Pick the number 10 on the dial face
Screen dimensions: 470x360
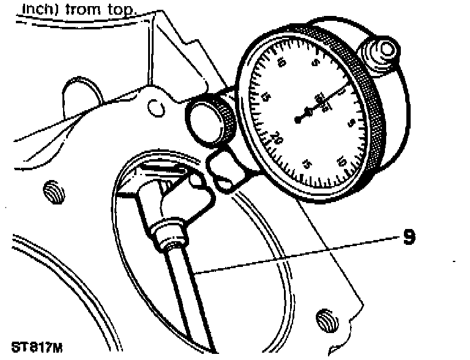click(341, 162)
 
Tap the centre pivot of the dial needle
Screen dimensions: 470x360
click(298, 120)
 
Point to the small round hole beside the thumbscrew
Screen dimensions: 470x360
click(157, 108)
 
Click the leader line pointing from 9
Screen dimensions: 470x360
click(294, 253)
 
